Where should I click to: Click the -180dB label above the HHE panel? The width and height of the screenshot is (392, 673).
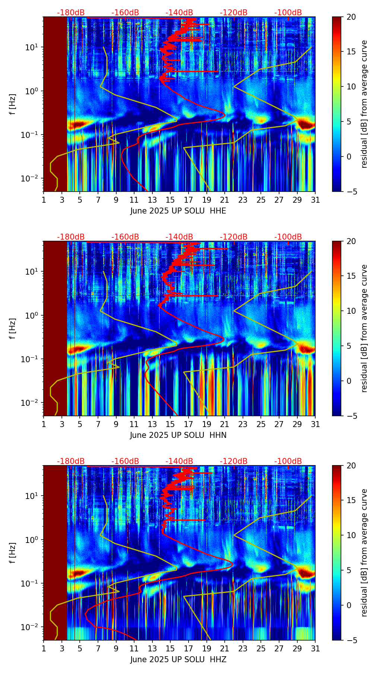pos(71,13)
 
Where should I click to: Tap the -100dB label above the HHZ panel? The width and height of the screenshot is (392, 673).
pos(288,461)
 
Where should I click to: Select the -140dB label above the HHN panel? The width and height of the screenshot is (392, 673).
pos(179,237)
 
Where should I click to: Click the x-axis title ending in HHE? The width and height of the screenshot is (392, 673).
pos(178,211)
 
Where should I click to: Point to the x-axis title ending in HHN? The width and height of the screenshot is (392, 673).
pos(178,435)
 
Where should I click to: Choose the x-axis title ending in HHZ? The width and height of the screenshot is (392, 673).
pos(178,660)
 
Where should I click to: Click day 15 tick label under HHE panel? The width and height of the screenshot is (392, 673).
pos(170,200)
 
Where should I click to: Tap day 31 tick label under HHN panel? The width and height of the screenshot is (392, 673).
pos(315,424)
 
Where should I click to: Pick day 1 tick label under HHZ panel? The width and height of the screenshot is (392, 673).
pos(44,649)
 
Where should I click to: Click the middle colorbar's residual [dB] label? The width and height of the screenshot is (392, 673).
pos(364,328)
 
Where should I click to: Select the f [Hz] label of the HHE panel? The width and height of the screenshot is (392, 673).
pos(13,104)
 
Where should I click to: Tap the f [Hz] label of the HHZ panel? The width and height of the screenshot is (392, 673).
pos(13,553)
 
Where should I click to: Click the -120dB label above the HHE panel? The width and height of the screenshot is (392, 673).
pos(234,13)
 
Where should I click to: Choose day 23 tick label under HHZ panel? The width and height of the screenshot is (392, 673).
pos(243,649)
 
